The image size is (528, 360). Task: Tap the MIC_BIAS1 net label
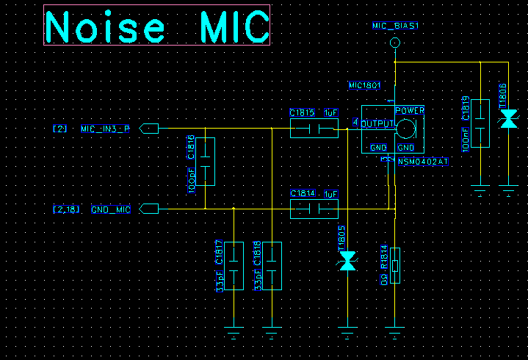pos(395,26)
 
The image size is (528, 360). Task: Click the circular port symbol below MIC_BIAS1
pos(395,43)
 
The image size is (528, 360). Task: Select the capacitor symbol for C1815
pos(314,129)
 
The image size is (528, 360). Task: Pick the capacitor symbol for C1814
pos(314,209)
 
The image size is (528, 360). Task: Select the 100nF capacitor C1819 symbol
pos(480,123)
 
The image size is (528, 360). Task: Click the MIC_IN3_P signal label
pos(105,129)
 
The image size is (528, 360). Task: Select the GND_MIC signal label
pos(111,209)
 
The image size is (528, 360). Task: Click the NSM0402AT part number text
pos(424,161)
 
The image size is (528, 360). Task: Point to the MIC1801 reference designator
pos(364,85)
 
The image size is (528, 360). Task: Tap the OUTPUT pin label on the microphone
pos(377,123)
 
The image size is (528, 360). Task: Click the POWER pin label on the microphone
pos(410,110)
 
